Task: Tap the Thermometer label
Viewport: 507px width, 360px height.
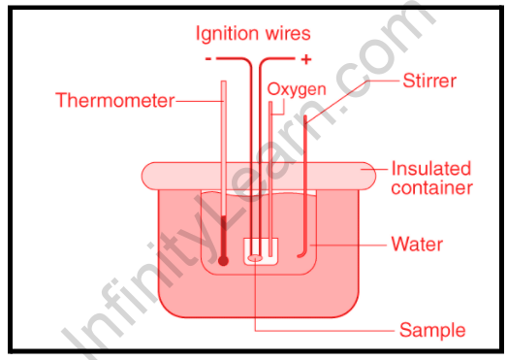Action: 115,100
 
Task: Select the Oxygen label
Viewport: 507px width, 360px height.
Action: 297,89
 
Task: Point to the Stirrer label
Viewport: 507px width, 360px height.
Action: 429,81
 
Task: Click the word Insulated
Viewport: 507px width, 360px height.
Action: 431,169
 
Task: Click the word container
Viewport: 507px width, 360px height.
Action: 432,188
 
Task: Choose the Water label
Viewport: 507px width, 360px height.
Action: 417,245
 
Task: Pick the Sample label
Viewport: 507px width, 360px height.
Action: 432,330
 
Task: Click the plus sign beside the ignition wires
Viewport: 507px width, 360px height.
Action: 306,59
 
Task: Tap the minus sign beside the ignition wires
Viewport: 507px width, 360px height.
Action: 208,59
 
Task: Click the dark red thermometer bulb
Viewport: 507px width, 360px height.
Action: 223,260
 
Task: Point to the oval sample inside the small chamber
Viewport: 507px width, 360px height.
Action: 255,258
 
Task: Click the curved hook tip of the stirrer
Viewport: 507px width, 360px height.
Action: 300,256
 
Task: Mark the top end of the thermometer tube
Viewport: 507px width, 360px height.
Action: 224,82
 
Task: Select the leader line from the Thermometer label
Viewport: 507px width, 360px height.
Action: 200,101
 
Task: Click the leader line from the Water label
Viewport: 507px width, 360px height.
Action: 348,245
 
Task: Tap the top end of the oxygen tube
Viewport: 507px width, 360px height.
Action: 270,102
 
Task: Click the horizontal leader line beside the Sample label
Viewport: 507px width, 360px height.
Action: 325,331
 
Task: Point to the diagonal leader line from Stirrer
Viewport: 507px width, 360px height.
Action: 337,102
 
